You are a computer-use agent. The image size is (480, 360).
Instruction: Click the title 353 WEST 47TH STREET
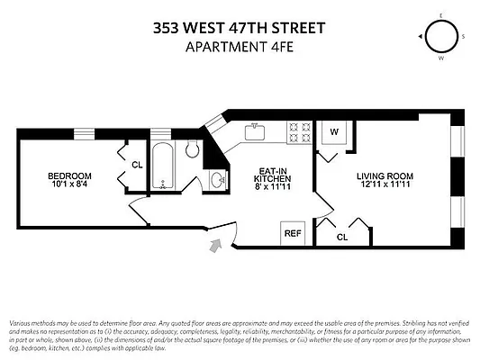coord(240,28)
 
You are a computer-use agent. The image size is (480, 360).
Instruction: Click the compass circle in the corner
coord(441,37)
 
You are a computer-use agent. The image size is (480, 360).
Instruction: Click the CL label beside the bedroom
coord(137,165)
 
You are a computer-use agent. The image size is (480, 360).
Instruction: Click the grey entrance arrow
coord(215,245)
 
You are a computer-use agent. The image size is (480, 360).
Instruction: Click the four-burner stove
coord(298,134)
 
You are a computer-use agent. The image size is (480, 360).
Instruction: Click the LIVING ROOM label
coord(385,175)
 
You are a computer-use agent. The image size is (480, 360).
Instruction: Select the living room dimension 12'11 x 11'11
coord(385,185)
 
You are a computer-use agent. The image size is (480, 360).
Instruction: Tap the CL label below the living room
coord(341,238)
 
